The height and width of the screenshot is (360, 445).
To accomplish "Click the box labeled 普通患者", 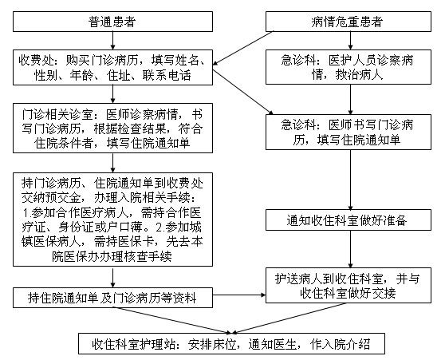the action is click(x=112, y=22).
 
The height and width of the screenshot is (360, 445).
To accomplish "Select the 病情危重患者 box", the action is click(x=349, y=22).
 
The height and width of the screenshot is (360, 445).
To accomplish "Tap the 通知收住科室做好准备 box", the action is click(x=349, y=220).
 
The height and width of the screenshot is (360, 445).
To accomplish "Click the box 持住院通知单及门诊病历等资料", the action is click(x=112, y=298).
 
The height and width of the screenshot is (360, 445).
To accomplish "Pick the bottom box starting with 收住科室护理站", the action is click(x=231, y=344).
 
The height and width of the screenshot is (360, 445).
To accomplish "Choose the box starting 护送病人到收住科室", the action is click(x=349, y=286).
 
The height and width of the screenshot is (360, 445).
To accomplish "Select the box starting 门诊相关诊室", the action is click(x=112, y=129).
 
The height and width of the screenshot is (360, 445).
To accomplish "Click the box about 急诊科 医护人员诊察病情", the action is click(x=349, y=67).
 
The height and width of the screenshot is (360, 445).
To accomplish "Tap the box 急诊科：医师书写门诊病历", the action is click(x=349, y=133).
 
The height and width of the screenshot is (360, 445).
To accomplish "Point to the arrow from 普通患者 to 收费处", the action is click(x=112, y=41).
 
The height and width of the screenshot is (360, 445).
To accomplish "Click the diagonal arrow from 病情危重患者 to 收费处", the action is click(x=243, y=48).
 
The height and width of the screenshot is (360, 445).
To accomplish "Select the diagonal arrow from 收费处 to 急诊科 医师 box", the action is click(x=243, y=92).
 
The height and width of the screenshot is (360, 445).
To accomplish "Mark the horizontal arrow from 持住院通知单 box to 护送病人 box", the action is click(x=239, y=295).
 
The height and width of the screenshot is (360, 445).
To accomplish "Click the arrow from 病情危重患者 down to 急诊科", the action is click(x=350, y=41).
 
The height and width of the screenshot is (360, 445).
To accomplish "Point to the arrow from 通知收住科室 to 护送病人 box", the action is click(x=350, y=249).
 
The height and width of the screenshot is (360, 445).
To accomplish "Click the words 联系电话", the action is click(x=167, y=75).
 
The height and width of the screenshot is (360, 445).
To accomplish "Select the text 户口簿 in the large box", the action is click(x=124, y=227).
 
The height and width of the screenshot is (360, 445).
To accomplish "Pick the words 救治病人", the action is click(x=359, y=75).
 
